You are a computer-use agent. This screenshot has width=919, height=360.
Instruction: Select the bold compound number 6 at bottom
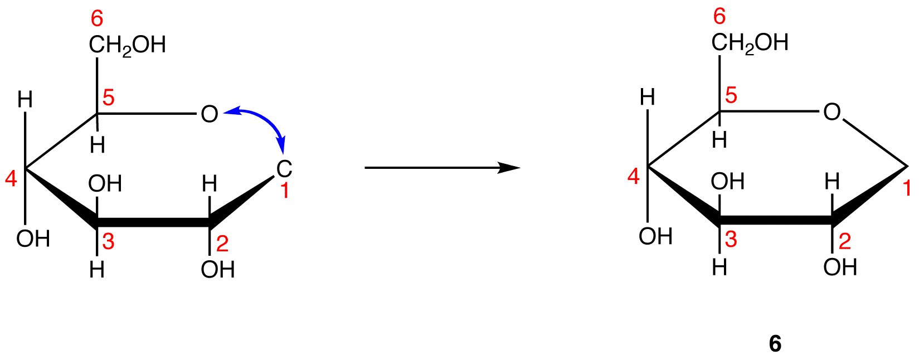pos(775,344)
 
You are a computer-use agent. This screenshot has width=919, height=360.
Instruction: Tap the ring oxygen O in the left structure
pos(209,114)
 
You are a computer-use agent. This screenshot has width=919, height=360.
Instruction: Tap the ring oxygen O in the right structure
pos(832,112)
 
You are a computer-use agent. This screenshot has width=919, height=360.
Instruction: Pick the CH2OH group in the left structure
pos(127,45)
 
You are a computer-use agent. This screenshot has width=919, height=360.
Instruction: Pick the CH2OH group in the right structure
pos(750,43)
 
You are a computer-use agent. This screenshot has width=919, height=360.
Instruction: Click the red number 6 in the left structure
pos(97,19)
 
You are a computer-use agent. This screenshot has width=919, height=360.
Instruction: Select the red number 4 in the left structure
pos(11,179)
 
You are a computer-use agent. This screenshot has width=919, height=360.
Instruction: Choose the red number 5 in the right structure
pos(731,96)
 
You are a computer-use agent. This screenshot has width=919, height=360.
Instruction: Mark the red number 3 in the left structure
pos(108,242)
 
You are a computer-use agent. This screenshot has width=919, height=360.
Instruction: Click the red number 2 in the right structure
pos(845,242)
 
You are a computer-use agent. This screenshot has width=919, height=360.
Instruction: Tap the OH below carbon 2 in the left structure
pos(217,270)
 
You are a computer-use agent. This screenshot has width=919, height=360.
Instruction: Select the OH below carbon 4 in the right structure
pos(656,237)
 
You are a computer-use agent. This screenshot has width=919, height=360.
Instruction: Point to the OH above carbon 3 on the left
pos(105,183)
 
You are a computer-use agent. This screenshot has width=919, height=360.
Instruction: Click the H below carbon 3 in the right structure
pos(719,268)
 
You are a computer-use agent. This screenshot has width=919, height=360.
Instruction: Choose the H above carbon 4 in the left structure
pos(25,100)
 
